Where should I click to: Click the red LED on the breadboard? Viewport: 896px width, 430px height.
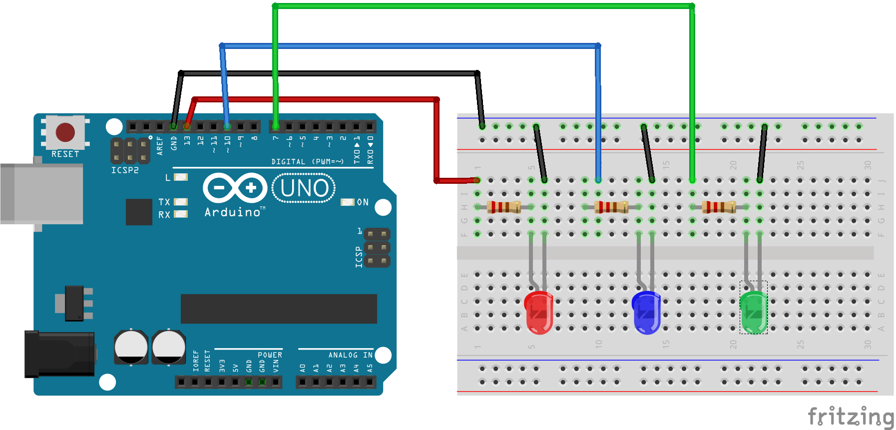(538, 313)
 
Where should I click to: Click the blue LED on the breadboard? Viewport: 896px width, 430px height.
(646, 313)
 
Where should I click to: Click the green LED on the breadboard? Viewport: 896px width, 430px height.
(753, 313)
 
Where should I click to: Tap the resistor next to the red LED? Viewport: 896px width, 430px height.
(504, 207)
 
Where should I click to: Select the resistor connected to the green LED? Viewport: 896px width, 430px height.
(719, 207)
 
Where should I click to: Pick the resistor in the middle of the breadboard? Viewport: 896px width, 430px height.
(611, 207)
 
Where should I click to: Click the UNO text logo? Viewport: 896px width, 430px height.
(304, 188)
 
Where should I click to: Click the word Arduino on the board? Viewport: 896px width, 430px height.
(233, 212)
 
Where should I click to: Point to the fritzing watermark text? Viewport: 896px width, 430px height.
(851, 416)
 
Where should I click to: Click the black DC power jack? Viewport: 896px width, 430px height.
(59, 354)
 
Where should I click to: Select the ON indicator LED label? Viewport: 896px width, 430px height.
(363, 202)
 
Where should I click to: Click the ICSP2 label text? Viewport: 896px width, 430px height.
(125, 170)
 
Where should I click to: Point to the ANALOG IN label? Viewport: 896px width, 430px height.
(350, 355)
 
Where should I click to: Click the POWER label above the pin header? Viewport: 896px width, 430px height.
(270, 355)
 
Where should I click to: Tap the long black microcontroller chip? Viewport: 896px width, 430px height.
(279, 309)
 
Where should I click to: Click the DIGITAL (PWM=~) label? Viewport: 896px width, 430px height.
(307, 162)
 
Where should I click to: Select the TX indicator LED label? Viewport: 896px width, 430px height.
(164, 202)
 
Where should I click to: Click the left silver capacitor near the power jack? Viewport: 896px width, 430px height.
(131, 347)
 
